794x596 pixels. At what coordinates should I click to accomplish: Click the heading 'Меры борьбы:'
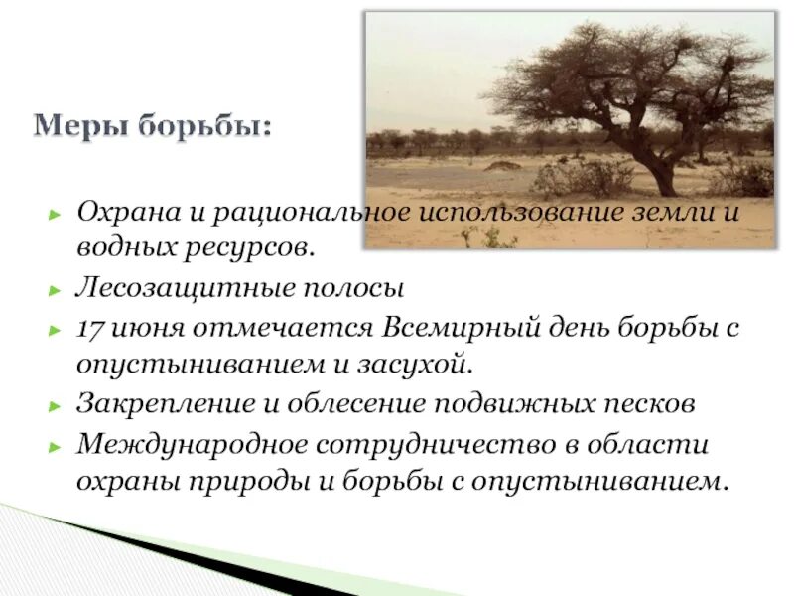click(x=152, y=127)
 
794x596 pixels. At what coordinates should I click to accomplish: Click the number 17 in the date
click(x=91, y=328)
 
